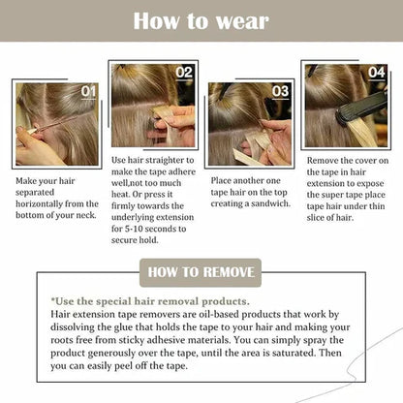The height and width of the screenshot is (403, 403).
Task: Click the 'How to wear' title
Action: pos(201,20)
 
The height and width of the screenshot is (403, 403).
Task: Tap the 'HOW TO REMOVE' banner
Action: pos(201,273)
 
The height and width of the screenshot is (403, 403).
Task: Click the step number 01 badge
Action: pos(88,91)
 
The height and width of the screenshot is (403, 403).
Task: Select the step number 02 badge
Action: pos(184,72)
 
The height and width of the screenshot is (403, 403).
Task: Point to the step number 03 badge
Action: pos(280,91)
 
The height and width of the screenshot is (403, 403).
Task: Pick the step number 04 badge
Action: pos(376,71)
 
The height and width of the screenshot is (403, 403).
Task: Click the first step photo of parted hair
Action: pos(54,123)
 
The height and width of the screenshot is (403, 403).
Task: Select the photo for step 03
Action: pos(249,123)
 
